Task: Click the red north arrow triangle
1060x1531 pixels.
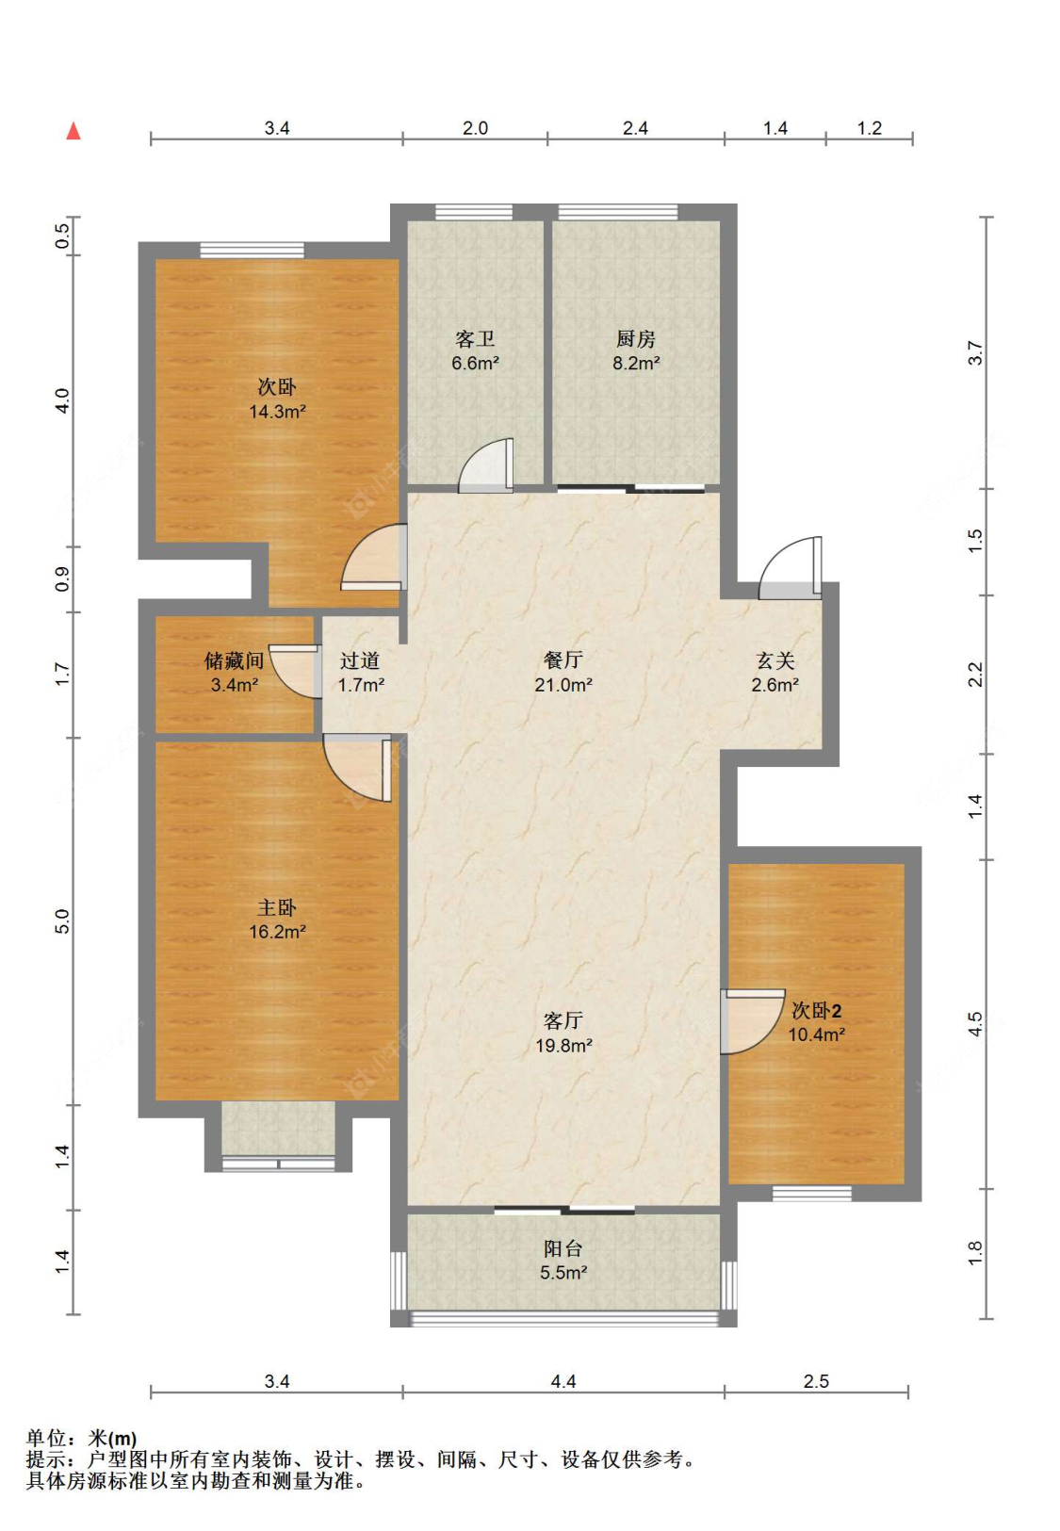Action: pos(73,131)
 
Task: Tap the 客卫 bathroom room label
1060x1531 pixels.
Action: pos(474,338)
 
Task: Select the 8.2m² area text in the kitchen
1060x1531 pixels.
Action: pos(636,363)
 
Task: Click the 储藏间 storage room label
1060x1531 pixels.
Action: pos(234,660)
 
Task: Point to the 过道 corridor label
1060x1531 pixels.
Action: pos(360,660)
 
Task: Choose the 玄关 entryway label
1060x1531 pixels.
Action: pos(775,660)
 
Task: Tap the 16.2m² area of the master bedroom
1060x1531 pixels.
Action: pos(277,932)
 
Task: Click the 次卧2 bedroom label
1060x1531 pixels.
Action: pos(816,1010)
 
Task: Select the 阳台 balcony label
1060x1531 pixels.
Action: pos(563,1248)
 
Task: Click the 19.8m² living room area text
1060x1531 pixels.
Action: pos(563,1045)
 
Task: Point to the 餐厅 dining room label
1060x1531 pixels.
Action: pos(563,660)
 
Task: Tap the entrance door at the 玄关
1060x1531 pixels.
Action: pos(790,568)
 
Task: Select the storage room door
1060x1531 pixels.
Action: pos(295,671)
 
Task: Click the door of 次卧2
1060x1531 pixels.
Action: pos(752,1021)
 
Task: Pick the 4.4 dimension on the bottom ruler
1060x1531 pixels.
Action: pos(563,1381)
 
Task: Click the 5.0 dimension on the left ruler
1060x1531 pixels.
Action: pos(62,921)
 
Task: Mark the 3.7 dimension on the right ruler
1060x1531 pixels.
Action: pos(975,352)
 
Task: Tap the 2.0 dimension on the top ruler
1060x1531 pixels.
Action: pos(474,128)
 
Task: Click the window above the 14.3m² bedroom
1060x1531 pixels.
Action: pos(252,251)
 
